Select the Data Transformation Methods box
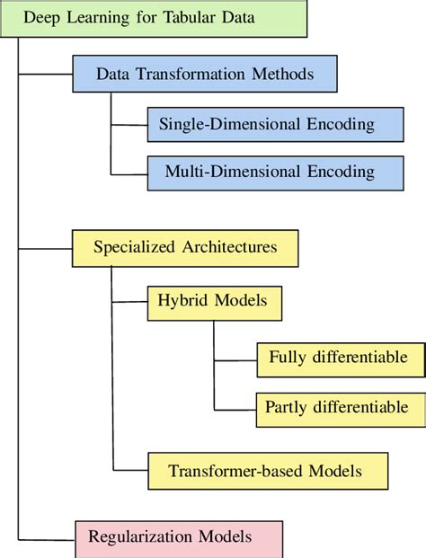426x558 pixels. coord(205,75)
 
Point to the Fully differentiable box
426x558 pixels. coord(339,358)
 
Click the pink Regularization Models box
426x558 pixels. coord(178,537)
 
